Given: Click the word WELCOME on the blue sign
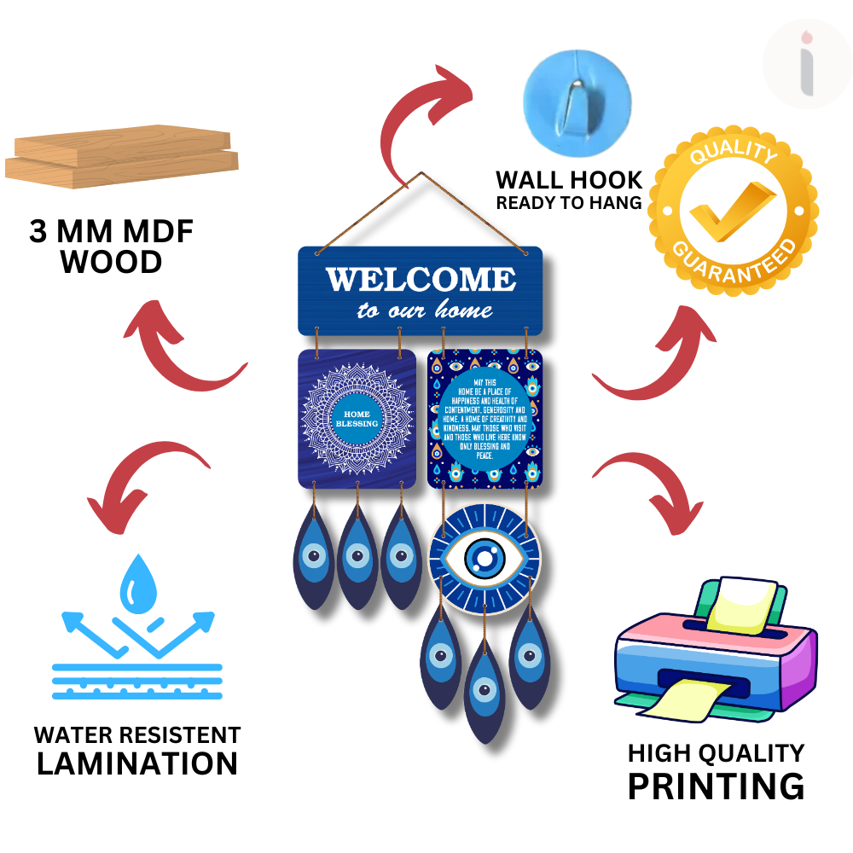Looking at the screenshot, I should [x=420, y=279].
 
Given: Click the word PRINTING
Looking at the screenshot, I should [x=715, y=786].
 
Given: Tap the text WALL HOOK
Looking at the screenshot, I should [x=569, y=181].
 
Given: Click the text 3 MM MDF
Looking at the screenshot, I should [x=111, y=232].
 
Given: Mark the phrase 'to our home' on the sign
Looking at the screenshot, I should [x=425, y=310].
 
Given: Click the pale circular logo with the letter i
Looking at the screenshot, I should [x=807, y=63].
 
